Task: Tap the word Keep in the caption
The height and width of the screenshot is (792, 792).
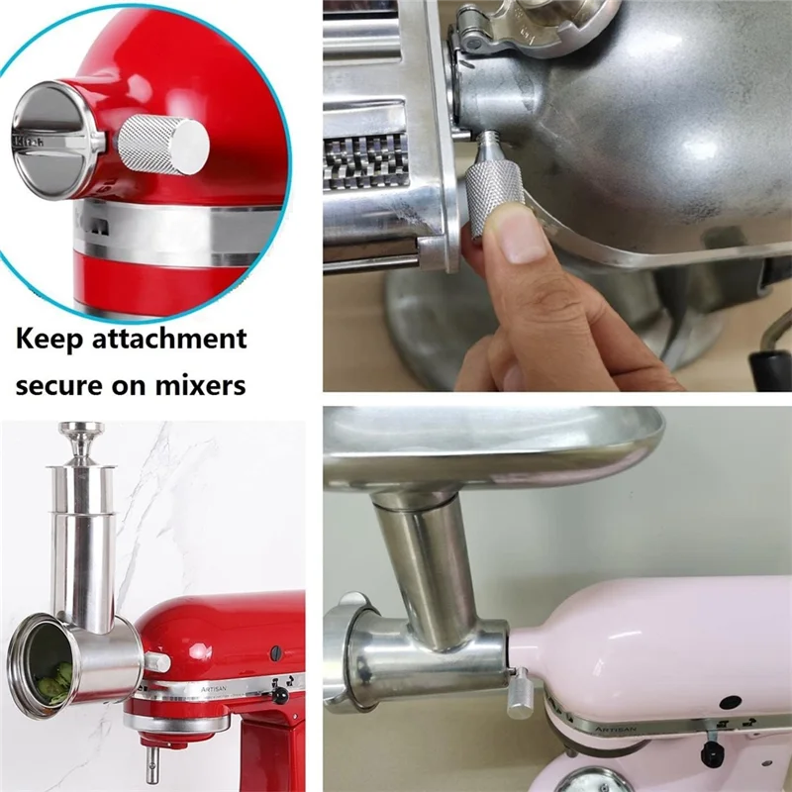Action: [x=55, y=340]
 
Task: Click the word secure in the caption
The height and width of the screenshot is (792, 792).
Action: [x=63, y=384]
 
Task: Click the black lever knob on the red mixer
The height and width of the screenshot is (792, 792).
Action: [x=281, y=697]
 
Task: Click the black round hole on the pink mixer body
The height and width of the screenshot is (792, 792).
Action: [x=732, y=701]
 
